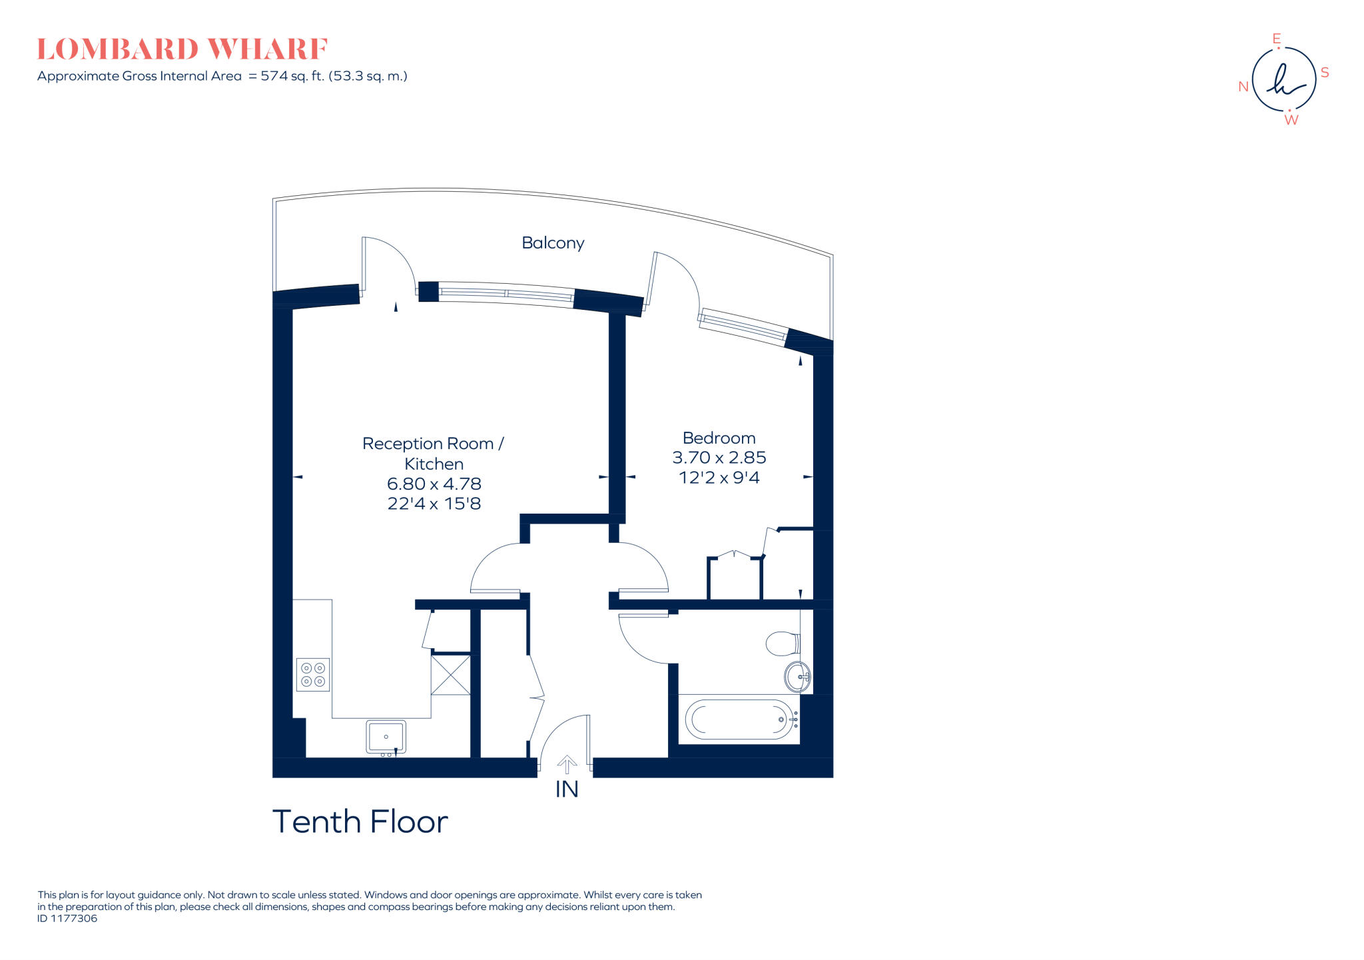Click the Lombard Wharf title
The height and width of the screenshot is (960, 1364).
182,50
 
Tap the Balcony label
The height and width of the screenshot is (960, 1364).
553,243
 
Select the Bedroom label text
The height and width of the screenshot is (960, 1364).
719,438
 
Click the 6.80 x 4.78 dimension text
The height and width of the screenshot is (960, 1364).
434,484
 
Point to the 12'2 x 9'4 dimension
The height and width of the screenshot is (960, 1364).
719,478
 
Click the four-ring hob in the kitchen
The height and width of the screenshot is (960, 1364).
313,674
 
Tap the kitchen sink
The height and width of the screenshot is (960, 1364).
386,737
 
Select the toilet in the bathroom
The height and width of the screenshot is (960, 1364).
782,644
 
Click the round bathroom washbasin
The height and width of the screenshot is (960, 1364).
797,677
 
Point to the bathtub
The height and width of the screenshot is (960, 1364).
739,720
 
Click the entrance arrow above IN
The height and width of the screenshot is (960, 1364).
567,764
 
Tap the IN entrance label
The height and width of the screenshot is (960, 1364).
567,789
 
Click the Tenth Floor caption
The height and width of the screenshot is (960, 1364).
360,821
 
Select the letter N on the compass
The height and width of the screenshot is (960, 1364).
1243,87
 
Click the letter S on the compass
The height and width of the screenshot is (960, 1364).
1325,73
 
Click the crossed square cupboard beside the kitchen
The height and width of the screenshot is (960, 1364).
451,675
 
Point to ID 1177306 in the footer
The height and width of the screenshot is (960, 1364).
67,919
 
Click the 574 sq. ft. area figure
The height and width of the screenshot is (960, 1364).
292,76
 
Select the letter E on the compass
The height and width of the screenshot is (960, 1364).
1277,39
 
